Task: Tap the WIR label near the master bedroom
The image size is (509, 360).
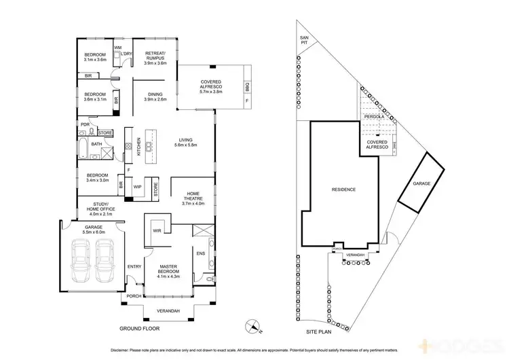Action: (x=156, y=231)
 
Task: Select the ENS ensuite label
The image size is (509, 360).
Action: (x=200, y=254)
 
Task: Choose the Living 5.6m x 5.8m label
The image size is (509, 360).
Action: (x=185, y=143)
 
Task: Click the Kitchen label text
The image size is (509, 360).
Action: (x=139, y=147)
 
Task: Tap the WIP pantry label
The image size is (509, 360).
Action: (x=137, y=185)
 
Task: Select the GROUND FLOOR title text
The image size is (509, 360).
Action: (x=144, y=328)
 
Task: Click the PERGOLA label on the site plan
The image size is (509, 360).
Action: (x=373, y=117)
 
